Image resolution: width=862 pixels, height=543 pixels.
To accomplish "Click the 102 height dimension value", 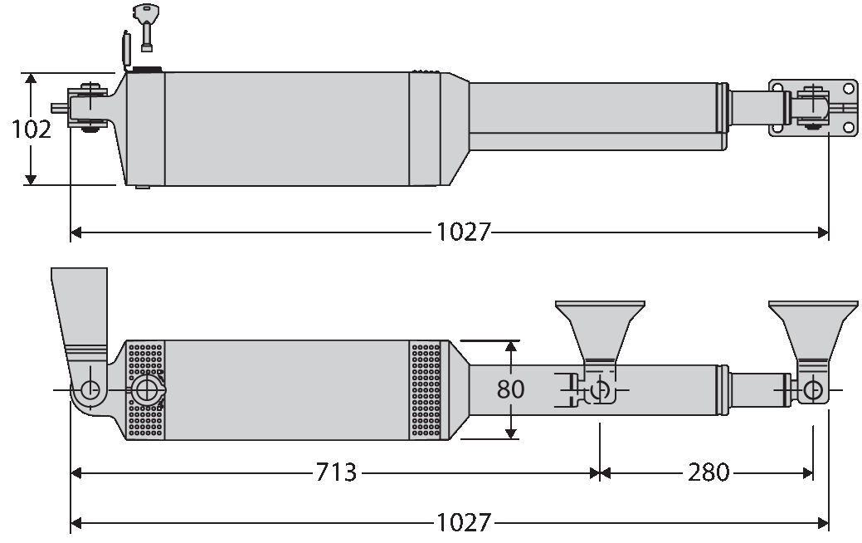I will pos(32,130).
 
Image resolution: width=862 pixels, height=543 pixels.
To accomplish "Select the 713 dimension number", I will pos(336,473).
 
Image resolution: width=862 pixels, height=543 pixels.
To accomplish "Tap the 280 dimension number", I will pos(709,473).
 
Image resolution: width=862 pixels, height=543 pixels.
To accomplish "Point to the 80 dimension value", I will pos(511,389).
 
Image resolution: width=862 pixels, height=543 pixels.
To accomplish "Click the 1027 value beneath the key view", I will pos(464,232).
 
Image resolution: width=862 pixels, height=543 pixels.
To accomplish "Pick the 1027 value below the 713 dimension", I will pos(464,523).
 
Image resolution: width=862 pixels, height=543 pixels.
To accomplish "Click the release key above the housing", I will pos(147,24).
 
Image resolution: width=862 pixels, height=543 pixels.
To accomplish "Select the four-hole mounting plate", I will pos(812,107).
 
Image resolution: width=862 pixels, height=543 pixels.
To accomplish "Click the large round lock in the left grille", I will pos(147,390).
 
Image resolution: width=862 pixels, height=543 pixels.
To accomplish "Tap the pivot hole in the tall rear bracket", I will pos(89,389).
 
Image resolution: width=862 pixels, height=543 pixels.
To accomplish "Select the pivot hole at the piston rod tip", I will pos(814,389).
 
